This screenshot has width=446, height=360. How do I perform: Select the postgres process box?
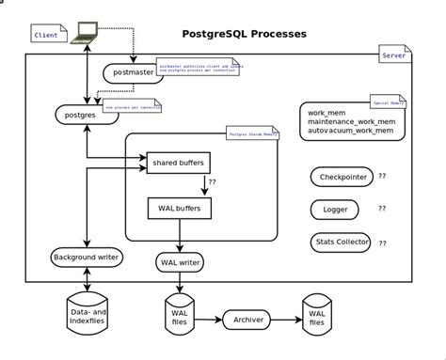point(74,115)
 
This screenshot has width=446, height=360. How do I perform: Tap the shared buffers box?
point(177,164)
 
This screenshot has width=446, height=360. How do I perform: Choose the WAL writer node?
point(180,261)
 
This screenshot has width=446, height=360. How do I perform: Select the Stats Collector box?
point(339,242)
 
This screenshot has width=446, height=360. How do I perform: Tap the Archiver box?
point(247,321)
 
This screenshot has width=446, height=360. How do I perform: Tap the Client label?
point(46,35)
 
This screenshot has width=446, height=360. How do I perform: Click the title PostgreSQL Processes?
point(243,34)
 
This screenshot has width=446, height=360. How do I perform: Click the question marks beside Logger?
point(382,209)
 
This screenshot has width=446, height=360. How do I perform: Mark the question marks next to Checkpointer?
point(382,176)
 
